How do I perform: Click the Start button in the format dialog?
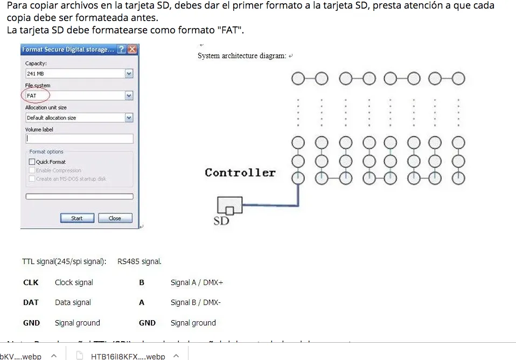(x=77, y=218)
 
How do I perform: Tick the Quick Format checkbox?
(x=32, y=162)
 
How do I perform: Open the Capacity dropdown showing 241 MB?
(x=129, y=74)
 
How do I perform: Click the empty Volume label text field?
(x=79, y=139)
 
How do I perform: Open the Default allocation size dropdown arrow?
(x=129, y=117)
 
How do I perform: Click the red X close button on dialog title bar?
(x=133, y=50)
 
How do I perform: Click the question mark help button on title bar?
(x=122, y=50)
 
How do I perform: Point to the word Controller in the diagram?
(x=240, y=173)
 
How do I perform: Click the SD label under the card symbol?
(x=221, y=220)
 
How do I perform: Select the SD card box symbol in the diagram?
(x=229, y=205)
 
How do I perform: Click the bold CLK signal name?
(x=31, y=282)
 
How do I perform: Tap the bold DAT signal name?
(x=31, y=302)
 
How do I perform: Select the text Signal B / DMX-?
(x=196, y=302)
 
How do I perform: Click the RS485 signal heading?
(x=139, y=262)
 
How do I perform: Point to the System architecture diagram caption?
(x=242, y=56)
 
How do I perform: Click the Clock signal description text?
(x=74, y=282)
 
